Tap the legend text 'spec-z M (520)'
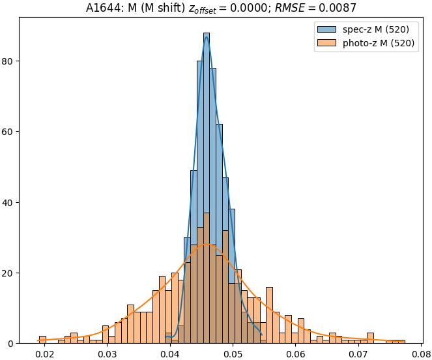click(376, 29)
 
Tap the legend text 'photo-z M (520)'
click(379, 44)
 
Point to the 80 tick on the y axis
click(9, 61)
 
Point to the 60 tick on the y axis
click(9, 132)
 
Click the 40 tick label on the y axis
click(9, 202)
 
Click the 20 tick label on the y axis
click(9, 273)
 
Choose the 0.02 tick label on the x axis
click(45, 354)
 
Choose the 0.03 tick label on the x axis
click(108, 354)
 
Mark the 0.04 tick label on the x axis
click(170, 354)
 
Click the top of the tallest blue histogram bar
click(207, 33)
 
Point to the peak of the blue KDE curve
click(207, 37)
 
